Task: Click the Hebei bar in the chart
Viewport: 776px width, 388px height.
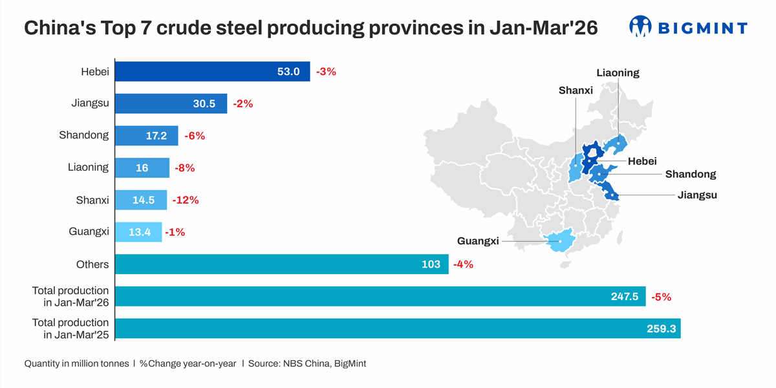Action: click(212, 72)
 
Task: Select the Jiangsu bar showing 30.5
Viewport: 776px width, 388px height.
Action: click(171, 103)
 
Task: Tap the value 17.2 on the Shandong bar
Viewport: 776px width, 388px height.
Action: click(156, 136)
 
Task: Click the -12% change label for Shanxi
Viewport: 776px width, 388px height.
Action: click(186, 200)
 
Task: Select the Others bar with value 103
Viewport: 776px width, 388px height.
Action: click(281, 264)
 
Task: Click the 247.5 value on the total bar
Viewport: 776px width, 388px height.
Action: click(624, 296)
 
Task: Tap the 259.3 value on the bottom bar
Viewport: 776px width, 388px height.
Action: click(661, 329)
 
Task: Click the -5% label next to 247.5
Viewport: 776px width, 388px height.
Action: click(661, 297)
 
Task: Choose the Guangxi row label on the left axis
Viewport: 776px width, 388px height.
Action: click(89, 232)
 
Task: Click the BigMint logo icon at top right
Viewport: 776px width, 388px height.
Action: click(640, 27)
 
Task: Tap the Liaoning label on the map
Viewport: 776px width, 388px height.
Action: click(618, 72)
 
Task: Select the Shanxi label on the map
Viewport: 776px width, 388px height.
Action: click(576, 91)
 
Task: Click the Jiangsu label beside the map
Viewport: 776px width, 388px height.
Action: click(697, 194)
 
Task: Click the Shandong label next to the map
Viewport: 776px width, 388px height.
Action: click(690, 174)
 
